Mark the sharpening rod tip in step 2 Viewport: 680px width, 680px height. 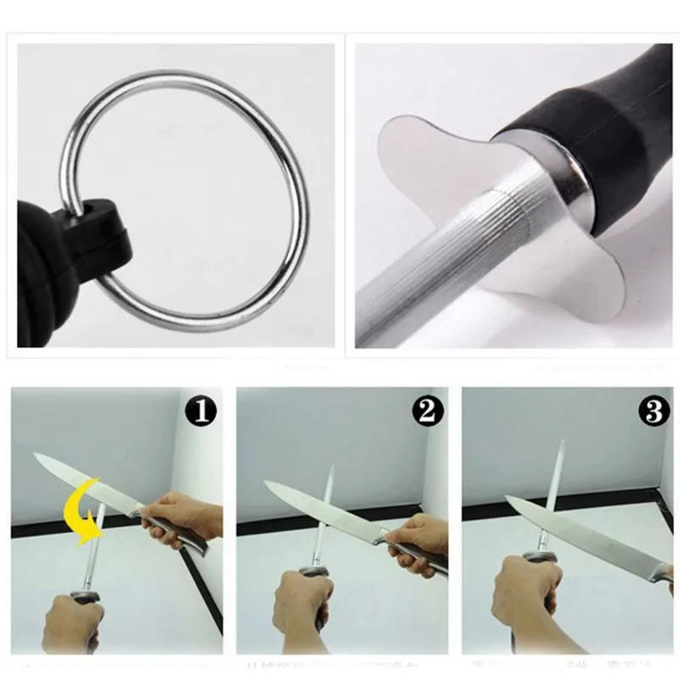pos(331,470)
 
